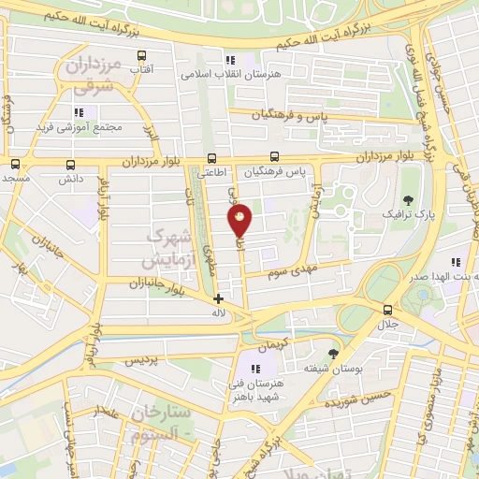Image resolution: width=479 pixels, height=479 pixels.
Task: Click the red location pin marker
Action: [x=240, y=220]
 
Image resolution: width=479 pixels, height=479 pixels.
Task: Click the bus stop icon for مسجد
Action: [x=16, y=163]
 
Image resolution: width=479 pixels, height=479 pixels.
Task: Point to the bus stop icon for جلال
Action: [x=387, y=310]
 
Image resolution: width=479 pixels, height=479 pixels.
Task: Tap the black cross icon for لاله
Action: [x=218, y=299]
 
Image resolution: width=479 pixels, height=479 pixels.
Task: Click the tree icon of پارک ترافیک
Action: [x=408, y=199]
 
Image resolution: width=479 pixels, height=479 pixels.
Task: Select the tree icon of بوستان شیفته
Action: [x=333, y=354]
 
